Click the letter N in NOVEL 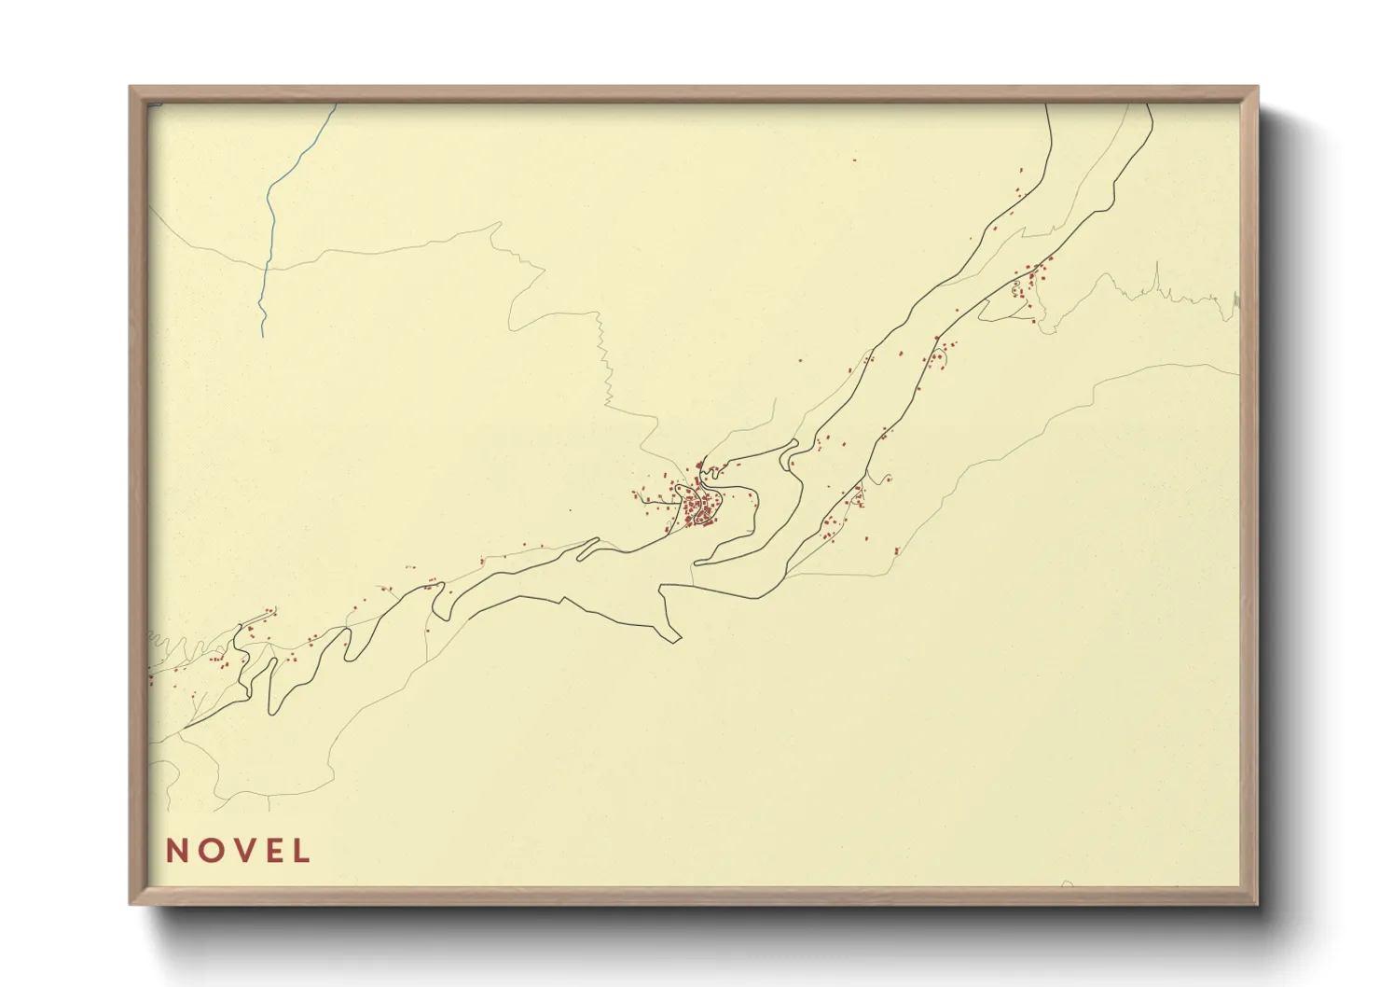[177, 851]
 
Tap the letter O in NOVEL [209, 851]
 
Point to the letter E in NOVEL [271, 851]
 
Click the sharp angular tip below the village [675, 641]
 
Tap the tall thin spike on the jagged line [1156, 275]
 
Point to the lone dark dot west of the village [571, 510]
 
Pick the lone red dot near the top [854, 160]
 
